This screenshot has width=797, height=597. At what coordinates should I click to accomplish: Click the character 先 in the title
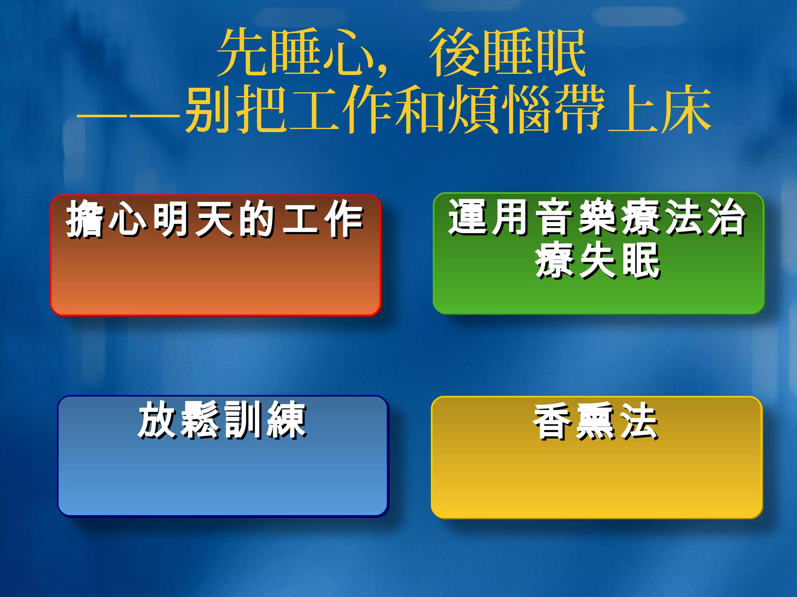pos(242,52)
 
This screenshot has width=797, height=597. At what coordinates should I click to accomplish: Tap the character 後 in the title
pos(454,52)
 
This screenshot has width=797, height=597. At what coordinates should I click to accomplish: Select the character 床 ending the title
pos(686,110)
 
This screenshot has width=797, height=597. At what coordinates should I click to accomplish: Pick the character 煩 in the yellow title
pos(474,110)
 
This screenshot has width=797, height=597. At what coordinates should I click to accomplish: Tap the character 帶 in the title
pos(580,110)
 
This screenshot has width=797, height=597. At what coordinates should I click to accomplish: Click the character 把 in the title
pos(262,110)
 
